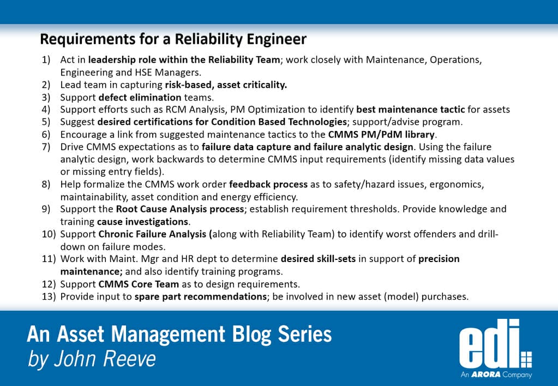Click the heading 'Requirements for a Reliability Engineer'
pyautogui.click(x=173, y=39)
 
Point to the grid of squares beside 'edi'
pyautogui.click(x=526, y=360)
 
